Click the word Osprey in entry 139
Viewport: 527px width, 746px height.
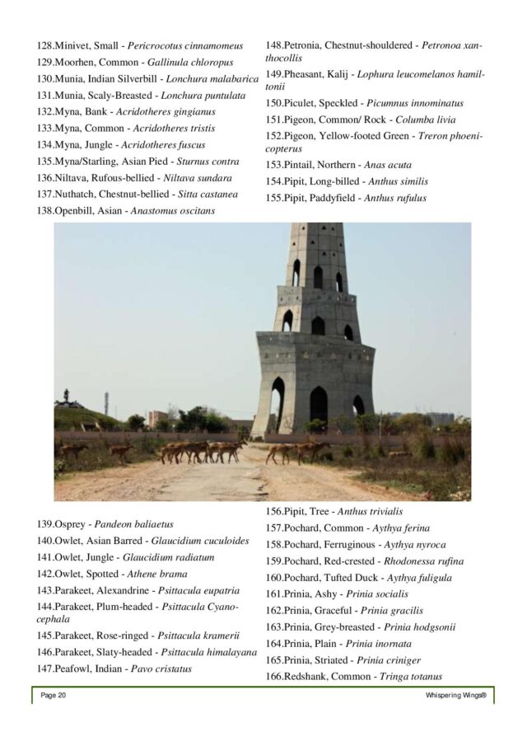72,523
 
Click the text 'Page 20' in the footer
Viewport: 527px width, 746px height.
54,697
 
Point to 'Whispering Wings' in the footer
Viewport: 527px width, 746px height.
456,697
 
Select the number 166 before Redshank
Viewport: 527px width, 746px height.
273,677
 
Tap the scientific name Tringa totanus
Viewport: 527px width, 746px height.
410,677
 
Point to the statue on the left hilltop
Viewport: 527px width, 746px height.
65,397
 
